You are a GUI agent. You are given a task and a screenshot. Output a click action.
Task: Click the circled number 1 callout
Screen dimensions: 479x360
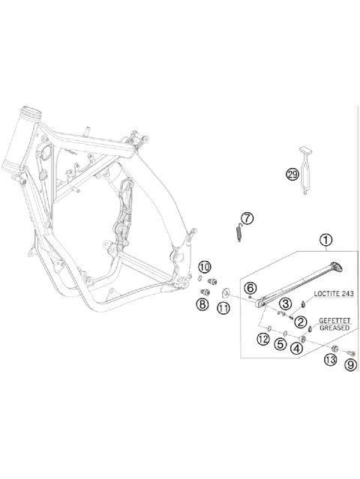tap(325, 241)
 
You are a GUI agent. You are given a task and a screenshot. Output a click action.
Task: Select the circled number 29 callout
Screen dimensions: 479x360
tap(292, 174)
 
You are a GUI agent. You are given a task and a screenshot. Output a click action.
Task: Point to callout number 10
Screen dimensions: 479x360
tap(205, 268)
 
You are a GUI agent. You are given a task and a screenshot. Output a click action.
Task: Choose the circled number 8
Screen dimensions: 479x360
tap(202, 304)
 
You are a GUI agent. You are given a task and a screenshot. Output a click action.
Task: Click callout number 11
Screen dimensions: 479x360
tap(223, 307)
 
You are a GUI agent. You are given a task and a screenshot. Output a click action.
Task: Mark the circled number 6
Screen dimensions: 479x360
tap(250, 288)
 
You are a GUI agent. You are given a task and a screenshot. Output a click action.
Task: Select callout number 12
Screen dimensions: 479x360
tap(262, 340)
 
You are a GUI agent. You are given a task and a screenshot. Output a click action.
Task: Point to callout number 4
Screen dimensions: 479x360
tap(297, 348)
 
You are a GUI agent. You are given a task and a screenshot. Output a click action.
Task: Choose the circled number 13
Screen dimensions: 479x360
tap(330, 361)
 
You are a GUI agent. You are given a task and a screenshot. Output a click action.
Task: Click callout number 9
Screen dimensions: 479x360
tap(349, 365)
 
